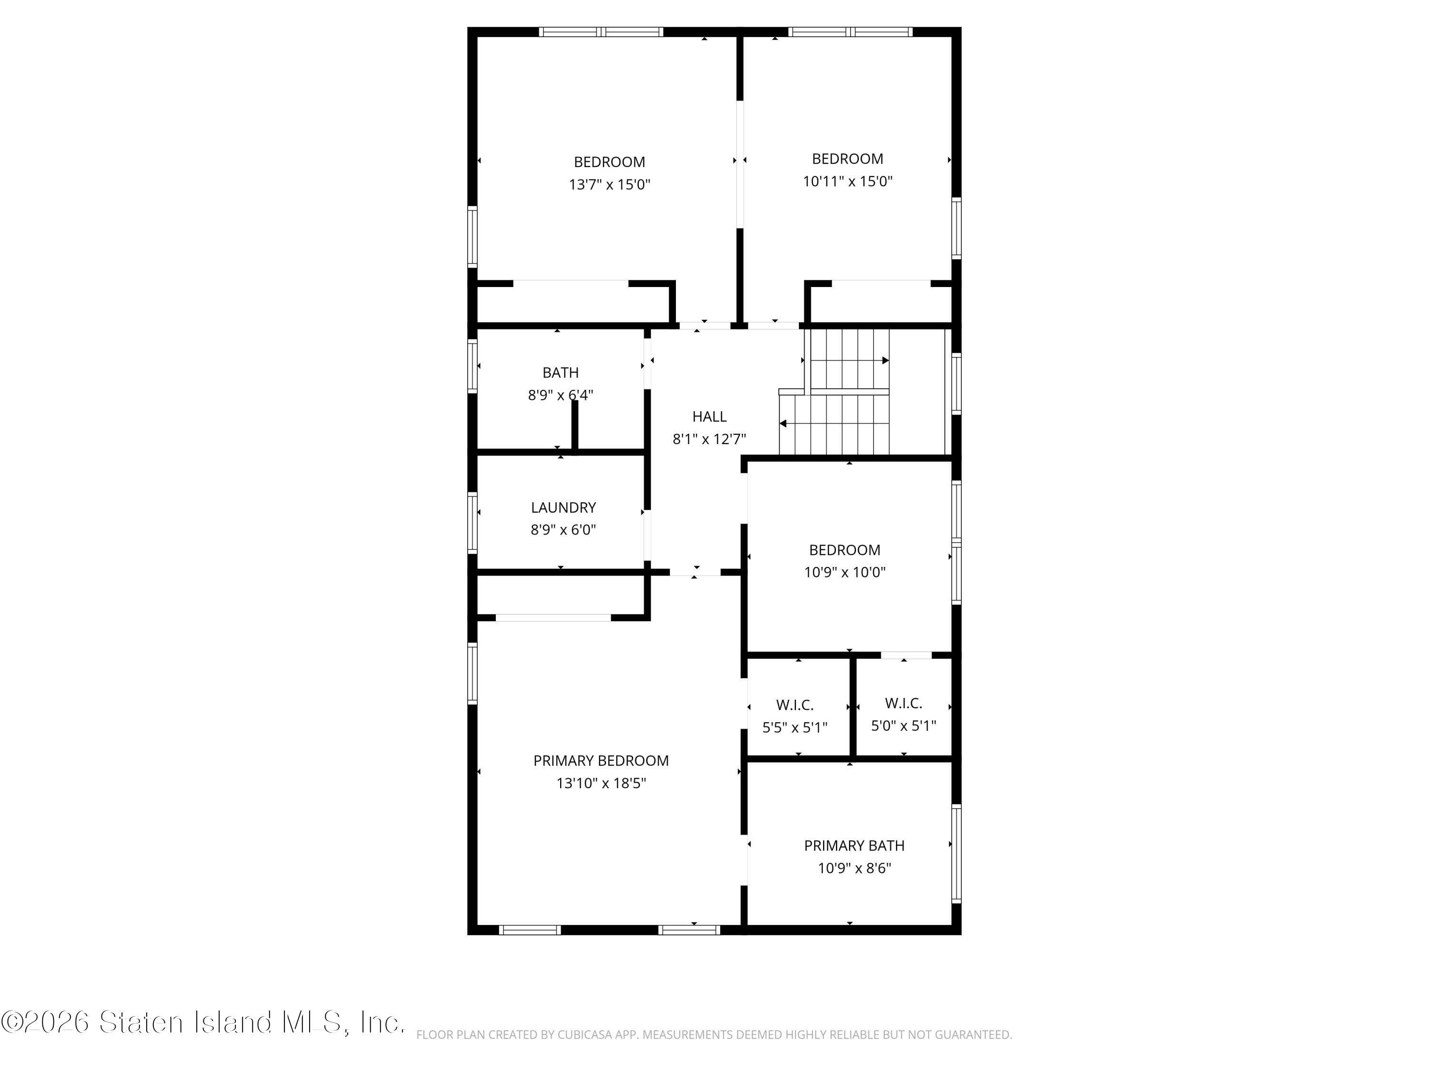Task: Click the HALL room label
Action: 709,416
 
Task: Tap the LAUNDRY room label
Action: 564,507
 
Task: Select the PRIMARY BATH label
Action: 854,846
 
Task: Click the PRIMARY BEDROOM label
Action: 601,761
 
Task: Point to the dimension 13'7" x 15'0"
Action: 609,185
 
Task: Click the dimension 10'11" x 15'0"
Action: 847,181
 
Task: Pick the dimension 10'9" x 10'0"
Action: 845,572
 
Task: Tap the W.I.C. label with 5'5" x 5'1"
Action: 795,705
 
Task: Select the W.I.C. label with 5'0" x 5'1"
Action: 903,703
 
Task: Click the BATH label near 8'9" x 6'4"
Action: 560,373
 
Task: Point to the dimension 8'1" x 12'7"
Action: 709,439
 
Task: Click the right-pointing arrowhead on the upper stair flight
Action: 886,360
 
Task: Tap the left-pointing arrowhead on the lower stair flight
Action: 783,424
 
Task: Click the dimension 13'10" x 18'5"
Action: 601,783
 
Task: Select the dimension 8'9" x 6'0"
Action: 564,530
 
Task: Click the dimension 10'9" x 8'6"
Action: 854,868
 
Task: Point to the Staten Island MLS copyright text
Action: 203,1022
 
